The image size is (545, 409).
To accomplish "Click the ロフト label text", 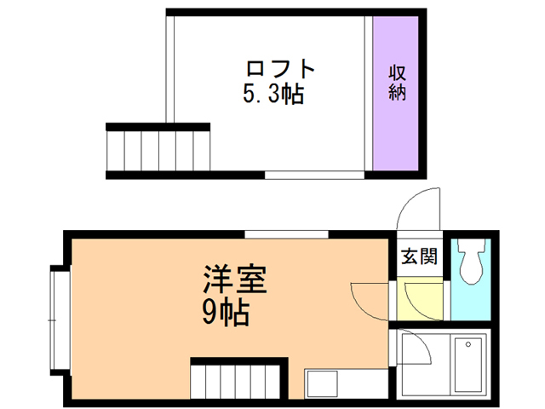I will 280,68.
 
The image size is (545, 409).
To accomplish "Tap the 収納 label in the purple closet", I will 397,83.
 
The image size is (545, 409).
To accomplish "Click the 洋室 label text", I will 234,281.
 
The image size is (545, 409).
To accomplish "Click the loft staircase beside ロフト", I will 158,151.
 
